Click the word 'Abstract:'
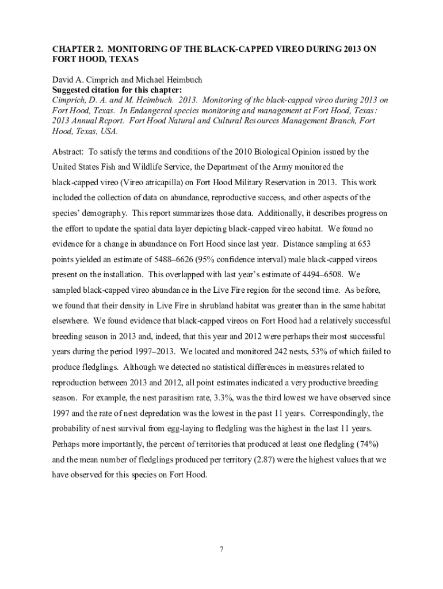[68, 152]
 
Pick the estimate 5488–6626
[192, 260]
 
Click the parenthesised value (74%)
[362, 444]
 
